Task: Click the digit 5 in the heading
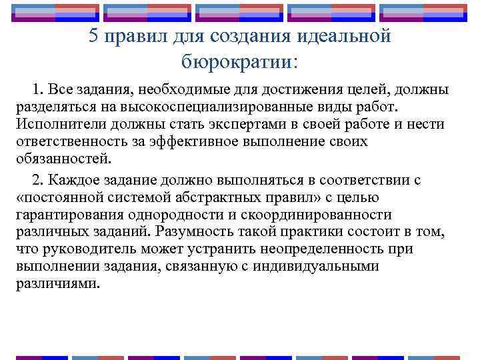click(94, 37)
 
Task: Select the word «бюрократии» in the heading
click(236, 61)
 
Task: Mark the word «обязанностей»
click(63, 159)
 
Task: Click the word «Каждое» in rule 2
click(71, 181)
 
